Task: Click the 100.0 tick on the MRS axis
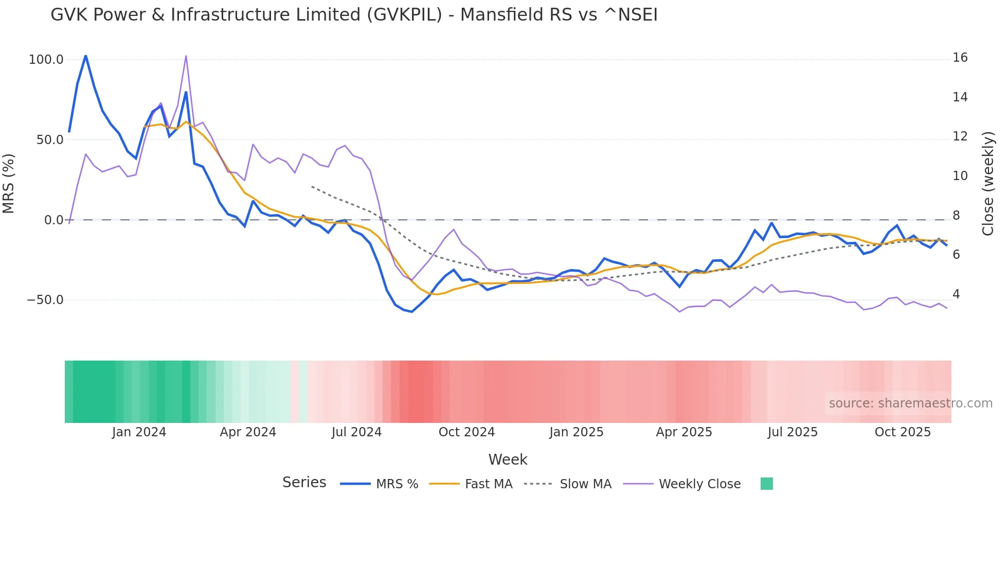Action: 46,60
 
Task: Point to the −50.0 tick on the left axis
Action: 45,300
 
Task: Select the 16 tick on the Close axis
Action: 960,58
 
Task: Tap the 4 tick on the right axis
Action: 956,294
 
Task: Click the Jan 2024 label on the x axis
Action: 139,432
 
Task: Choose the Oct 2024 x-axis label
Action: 466,432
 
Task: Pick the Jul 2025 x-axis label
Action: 793,432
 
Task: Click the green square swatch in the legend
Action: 766,484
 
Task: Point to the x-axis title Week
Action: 508,459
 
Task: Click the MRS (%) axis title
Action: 9,184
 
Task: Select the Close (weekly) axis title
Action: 987,184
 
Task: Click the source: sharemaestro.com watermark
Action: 910,403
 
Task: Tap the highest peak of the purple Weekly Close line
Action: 186,56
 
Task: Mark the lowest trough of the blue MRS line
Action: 411,311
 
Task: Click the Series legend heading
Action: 304,483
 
